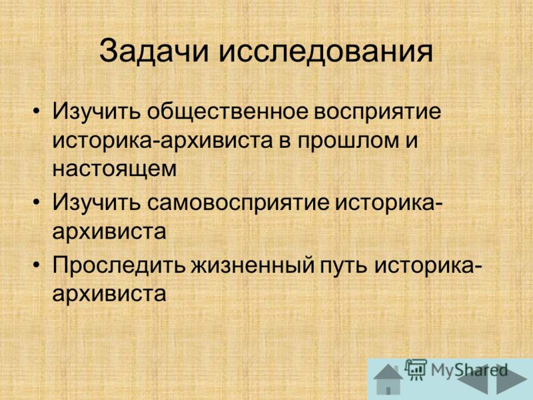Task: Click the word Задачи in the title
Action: tap(154, 51)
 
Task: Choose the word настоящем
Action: tap(115, 169)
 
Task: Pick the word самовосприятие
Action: tap(239, 204)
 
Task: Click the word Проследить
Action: tap(119, 265)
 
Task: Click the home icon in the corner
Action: tap(388, 379)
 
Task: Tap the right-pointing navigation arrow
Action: tap(514, 380)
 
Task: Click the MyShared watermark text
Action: tap(469, 370)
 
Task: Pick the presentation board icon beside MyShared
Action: tap(416, 369)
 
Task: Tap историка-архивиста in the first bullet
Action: tap(163, 141)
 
